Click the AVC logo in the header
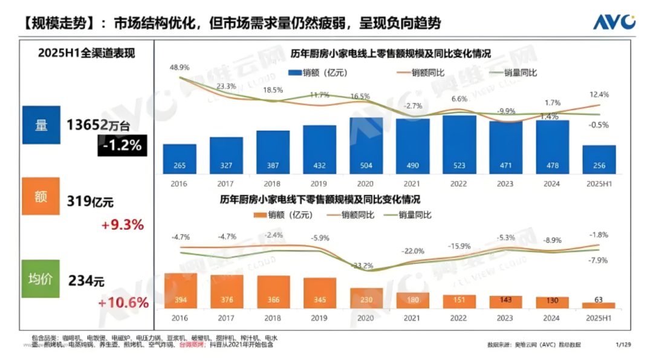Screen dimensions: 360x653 pos(614,22)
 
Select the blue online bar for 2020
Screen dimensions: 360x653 pos(366,145)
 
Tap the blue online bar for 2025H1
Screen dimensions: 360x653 pos(599,159)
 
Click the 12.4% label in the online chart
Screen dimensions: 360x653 pos(599,94)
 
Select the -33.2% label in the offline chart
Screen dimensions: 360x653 pos(363,265)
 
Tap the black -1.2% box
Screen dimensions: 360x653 pos(122,145)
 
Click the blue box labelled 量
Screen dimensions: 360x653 pos(42,125)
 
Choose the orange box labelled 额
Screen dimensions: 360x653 pos(42,196)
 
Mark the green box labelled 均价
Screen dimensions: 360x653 pos(42,279)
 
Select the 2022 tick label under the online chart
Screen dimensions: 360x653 pos(459,184)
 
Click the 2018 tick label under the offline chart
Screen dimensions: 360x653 pos(273,317)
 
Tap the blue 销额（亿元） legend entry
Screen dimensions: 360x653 pos(318,73)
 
